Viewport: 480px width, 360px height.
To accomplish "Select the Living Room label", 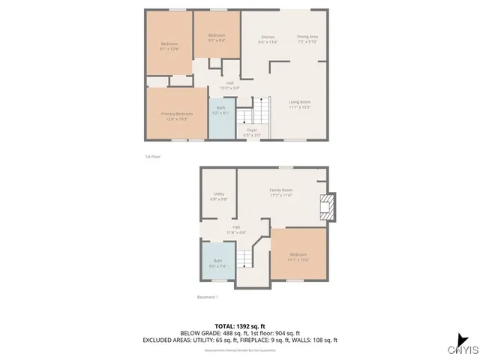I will pos(300,103).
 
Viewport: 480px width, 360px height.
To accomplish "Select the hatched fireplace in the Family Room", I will pos(325,208).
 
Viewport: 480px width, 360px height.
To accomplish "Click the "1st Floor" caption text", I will pos(153,157).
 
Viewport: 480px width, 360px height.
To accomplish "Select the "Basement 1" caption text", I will pos(207,298).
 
